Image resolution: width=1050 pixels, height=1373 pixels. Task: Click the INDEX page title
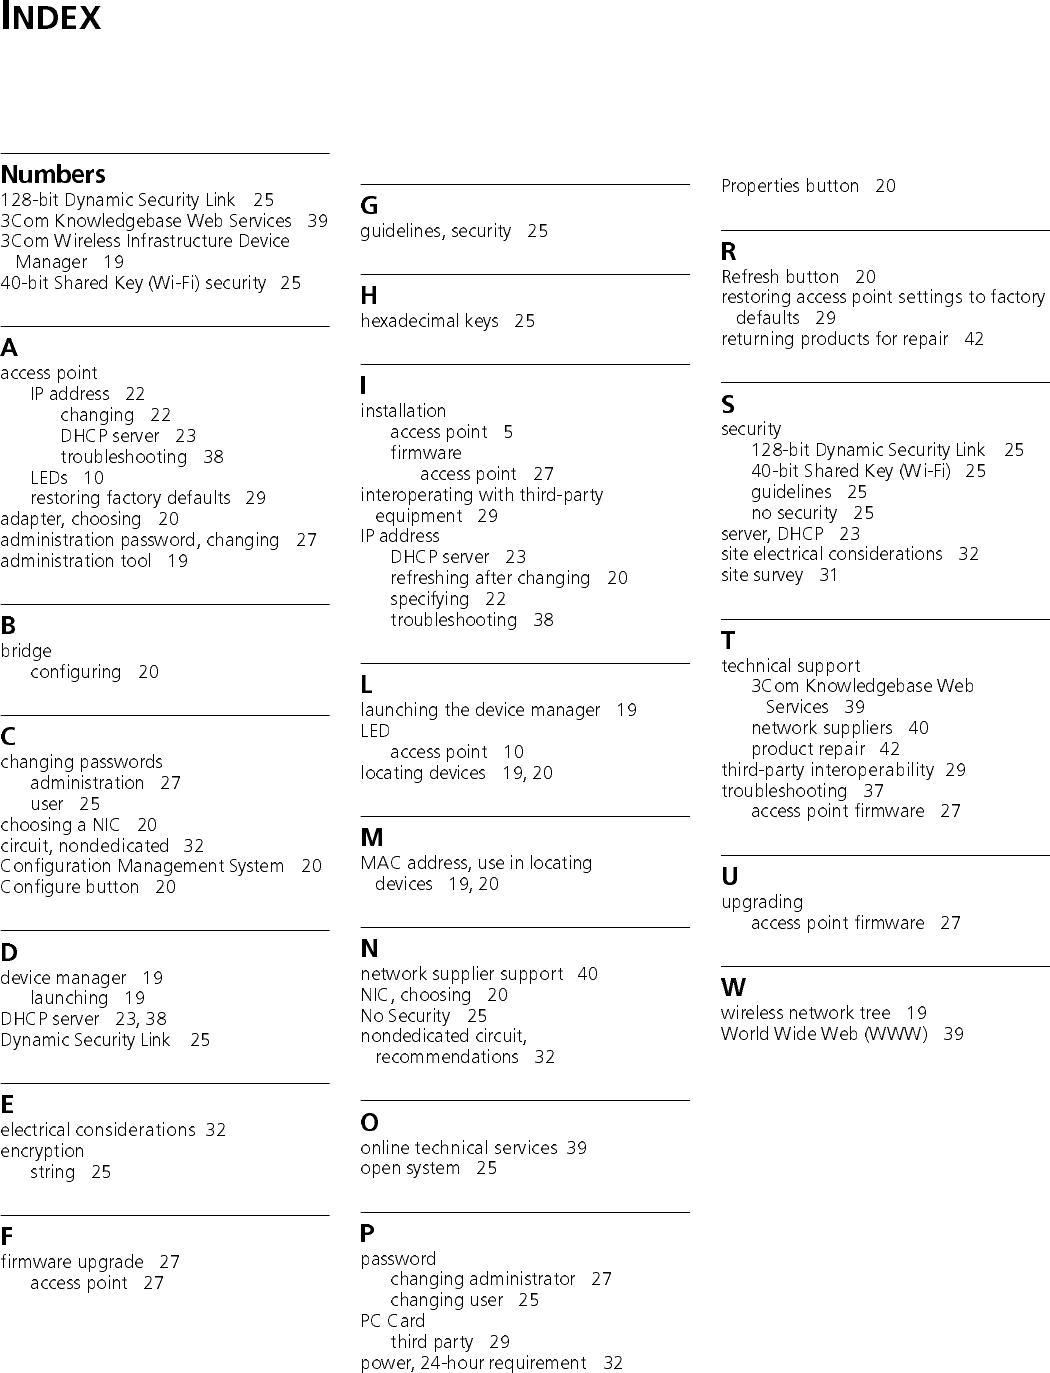[51, 18]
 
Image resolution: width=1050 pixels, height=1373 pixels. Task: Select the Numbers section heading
[53, 174]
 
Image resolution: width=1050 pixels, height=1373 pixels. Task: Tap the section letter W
[733, 988]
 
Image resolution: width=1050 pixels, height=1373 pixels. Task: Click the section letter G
[369, 206]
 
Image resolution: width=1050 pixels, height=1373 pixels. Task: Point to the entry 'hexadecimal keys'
[429, 321]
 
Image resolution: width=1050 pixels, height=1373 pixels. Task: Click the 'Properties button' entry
[790, 186]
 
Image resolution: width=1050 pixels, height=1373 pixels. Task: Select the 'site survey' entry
[762, 575]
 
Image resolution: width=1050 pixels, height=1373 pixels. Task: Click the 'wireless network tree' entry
[805, 1013]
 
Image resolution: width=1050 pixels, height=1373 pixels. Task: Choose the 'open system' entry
[410, 1168]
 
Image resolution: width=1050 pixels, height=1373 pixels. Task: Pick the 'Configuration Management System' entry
[142, 866]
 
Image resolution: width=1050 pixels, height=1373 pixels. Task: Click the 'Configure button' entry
[70, 887]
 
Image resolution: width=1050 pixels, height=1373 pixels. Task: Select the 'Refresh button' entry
[780, 277]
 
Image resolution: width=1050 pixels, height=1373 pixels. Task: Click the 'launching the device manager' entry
[480, 710]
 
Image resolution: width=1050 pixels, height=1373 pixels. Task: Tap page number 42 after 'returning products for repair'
[974, 339]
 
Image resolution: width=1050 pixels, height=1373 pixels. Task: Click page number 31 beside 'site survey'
[829, 575]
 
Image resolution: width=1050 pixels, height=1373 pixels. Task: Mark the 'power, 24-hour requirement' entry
[473, 1363]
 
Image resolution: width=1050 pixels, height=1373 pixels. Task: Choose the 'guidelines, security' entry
[436, 231]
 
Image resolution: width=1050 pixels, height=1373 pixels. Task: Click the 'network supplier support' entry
[462, 974]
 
